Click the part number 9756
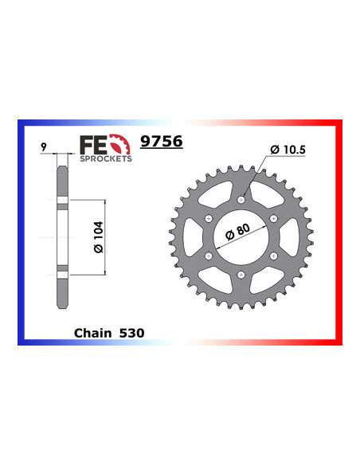[161, 142]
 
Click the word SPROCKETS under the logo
[105, 158]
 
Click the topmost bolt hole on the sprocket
[241, 199]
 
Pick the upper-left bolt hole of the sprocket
[208, 219]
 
